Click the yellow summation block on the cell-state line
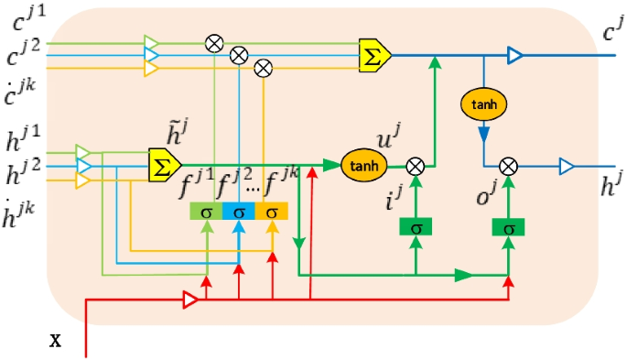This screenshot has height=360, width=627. tap(374, 54)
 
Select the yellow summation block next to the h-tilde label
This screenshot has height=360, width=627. tap(165, 165)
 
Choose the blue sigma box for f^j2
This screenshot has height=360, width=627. tap(239, 212)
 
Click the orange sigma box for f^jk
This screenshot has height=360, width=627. tap(272, 212)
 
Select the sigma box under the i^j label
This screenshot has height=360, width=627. tap(416, 226)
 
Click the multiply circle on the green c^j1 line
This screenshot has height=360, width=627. tap(214, 42)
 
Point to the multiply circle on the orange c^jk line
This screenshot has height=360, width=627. tap(264, 67)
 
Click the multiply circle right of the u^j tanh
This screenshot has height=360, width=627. tap(416, 165)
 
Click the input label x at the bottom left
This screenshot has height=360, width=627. tap(55, 341)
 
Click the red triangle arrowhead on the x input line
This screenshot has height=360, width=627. tap(190, 299)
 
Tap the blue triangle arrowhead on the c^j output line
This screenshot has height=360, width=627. tap(515, 56)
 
